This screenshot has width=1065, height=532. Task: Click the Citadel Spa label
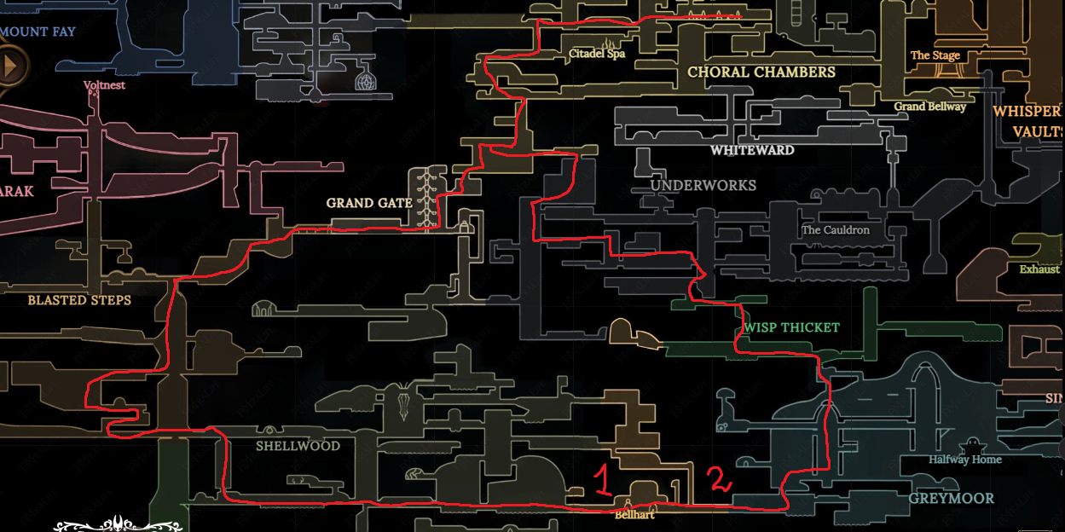[x=597, y=54]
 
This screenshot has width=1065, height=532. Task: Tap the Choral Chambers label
[x=761, y=72]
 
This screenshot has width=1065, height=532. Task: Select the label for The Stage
[x=935, y=55]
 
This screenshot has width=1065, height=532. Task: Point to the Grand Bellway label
[x=929, y=107]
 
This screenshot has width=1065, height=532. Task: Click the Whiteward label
[x=752, y=150]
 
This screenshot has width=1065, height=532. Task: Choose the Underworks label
[x=703, y=185]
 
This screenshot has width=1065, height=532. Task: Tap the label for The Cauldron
[x=836, y=230]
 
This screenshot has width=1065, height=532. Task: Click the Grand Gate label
[x=369, y=203]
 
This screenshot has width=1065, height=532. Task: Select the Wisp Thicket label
[x=791, y=327]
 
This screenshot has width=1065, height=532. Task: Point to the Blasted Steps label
[x=79, y=300]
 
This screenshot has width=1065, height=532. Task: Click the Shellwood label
[x=298, y=446]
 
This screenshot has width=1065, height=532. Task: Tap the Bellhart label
[x=634, y=515]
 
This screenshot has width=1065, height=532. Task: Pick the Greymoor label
[x=951, y=498]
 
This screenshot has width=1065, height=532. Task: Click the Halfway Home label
[x=965, y=460]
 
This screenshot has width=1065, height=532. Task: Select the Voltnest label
[x=104, y=85]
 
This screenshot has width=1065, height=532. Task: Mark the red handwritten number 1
[x=601, y=482]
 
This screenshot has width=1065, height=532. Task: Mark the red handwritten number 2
[x=719, y=479]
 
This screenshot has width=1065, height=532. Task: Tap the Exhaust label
[x=1039, y=269]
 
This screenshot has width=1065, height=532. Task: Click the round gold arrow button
[x=11, y=65]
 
